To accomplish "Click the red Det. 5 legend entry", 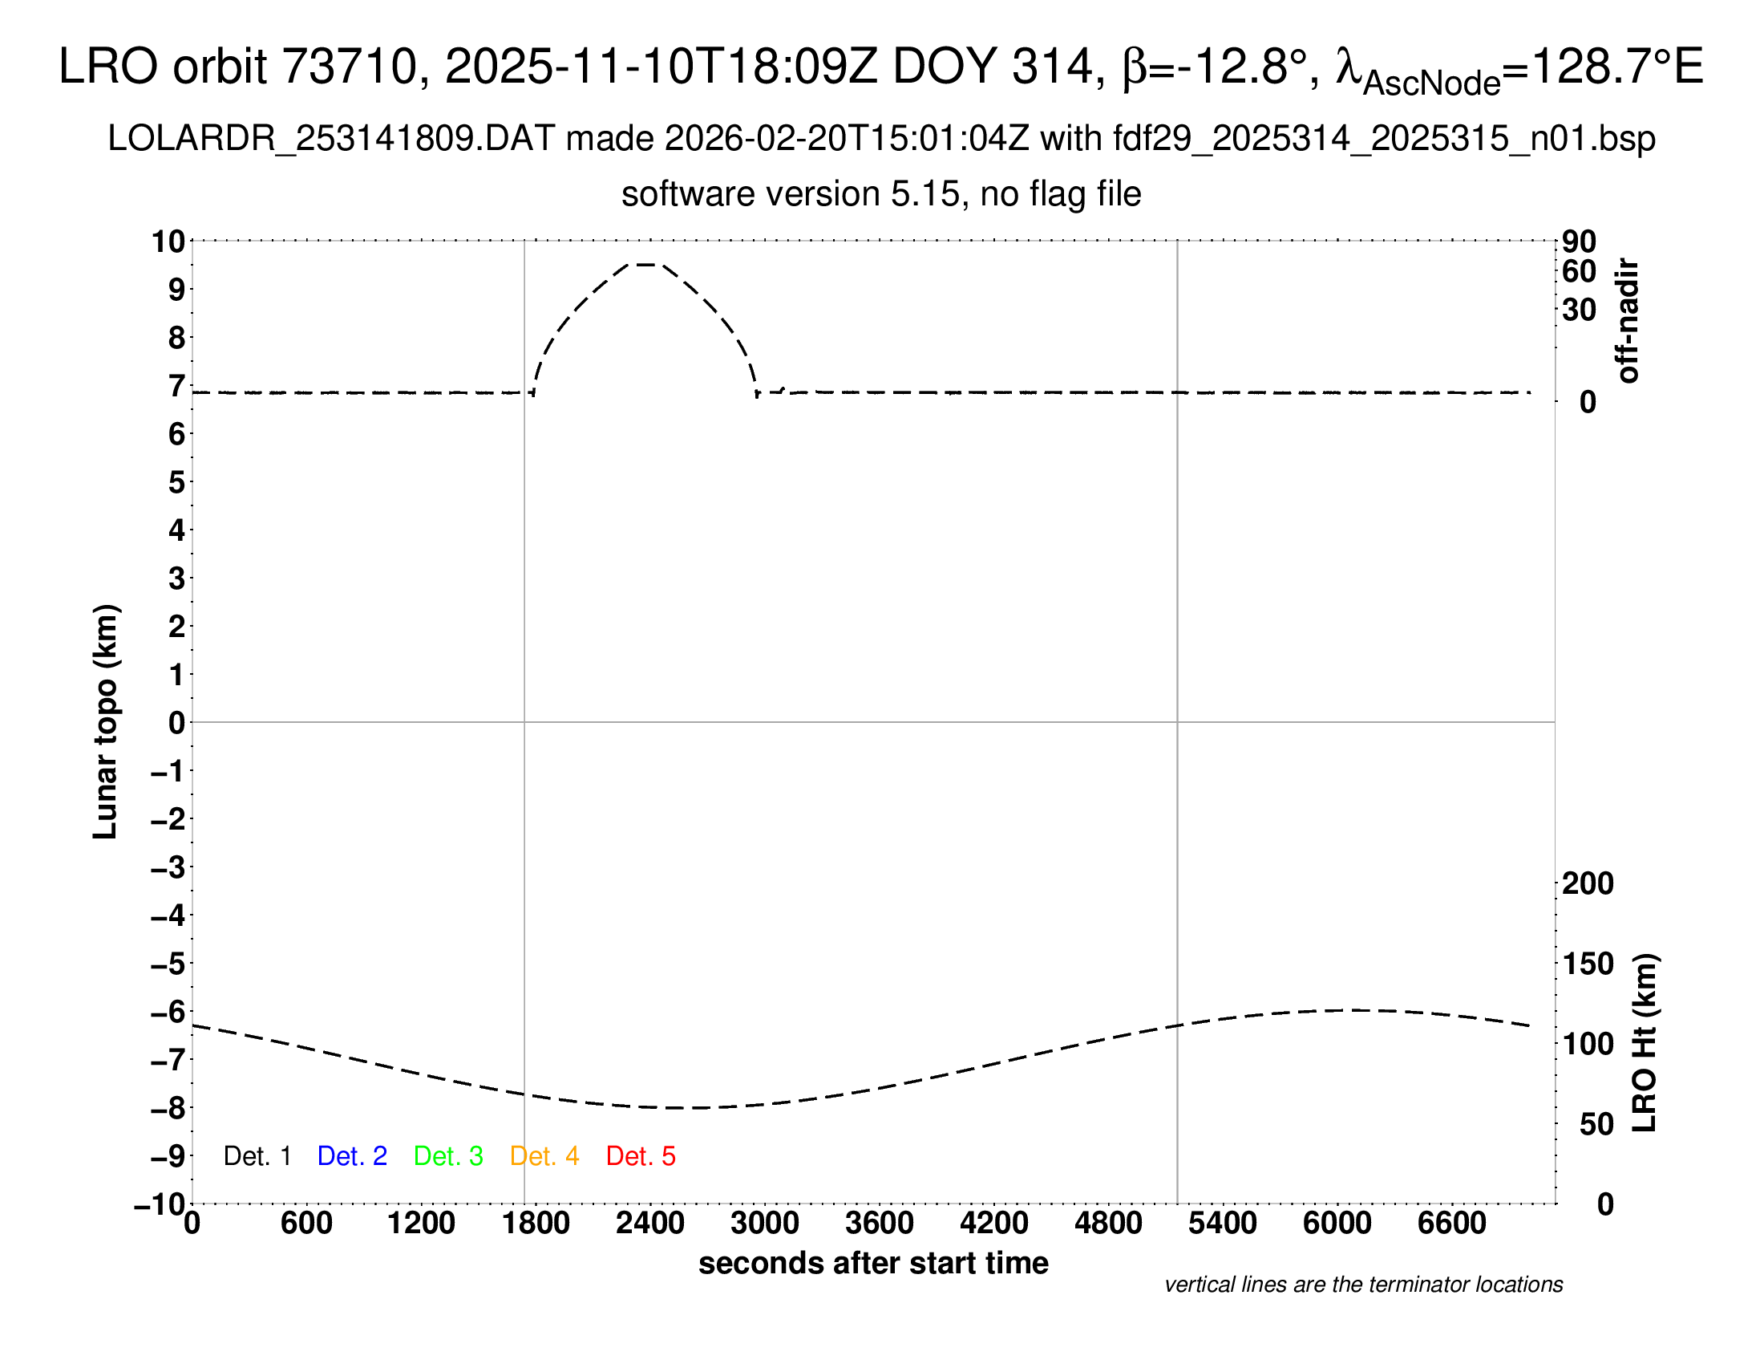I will click(641, 1156).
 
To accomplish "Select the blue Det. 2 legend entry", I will click(352, 1156).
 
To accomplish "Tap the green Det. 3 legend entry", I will click(448, 1156).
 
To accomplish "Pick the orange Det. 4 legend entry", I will click(544, 1156).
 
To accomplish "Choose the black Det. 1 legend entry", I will click(257, 1156).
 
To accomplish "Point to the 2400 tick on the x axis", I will click(650, 1224).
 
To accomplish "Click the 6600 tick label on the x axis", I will click(1451, 1224).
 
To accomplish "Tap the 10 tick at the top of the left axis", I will click(169, 242).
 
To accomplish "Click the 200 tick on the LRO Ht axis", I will click(1588, 883).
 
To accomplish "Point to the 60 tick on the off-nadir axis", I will click(1579, 272).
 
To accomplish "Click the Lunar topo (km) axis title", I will click(106, 721).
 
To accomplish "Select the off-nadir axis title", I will click(1628, 321).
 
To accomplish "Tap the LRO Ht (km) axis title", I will click(1645, 1043).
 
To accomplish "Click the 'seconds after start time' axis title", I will click(873, 1263).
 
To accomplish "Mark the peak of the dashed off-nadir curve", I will click(645, 264).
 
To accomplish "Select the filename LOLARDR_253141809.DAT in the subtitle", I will click(331, 139).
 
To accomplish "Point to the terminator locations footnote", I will click(1363, 1285).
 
